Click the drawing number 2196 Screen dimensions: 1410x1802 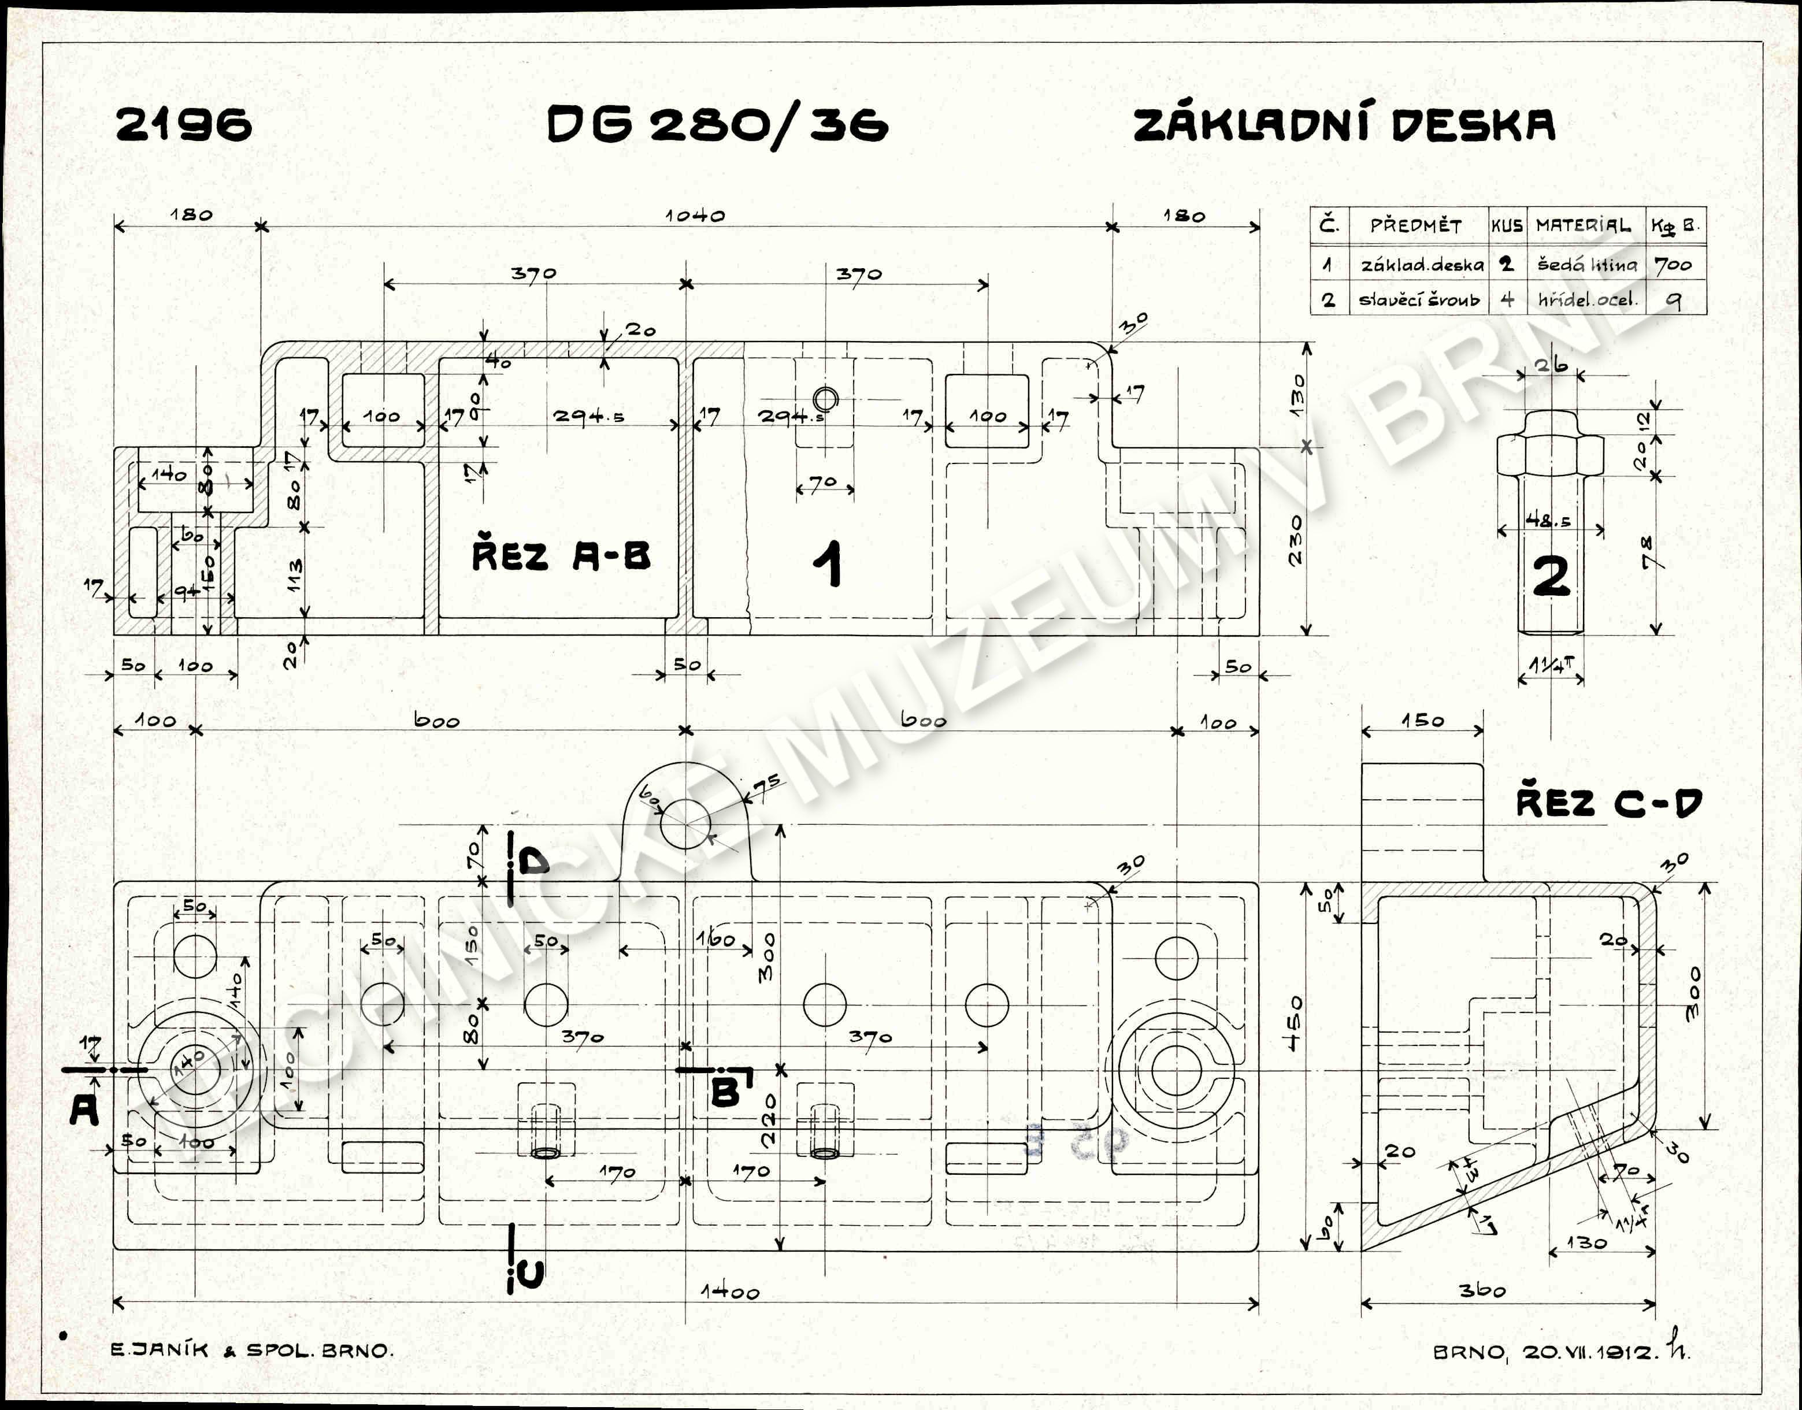click(x=183, y=125)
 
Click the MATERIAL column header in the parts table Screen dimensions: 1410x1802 click(x=1583, y=225)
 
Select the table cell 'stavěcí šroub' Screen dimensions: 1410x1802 click(x=1419, y=300)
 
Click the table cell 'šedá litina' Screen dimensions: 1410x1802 click(x=1586, y=265)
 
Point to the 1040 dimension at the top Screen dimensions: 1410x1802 click(x=695, y=216)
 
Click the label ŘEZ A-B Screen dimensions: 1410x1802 click(x=561, y=555)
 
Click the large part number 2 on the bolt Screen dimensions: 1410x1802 click(x=1550, y=576)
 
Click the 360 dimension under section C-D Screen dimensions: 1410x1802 click(x=1482, y=1289)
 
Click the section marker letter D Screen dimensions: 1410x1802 click(x=533, y=863)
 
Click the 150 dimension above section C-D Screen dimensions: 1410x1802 click(x=1422, y=721)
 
